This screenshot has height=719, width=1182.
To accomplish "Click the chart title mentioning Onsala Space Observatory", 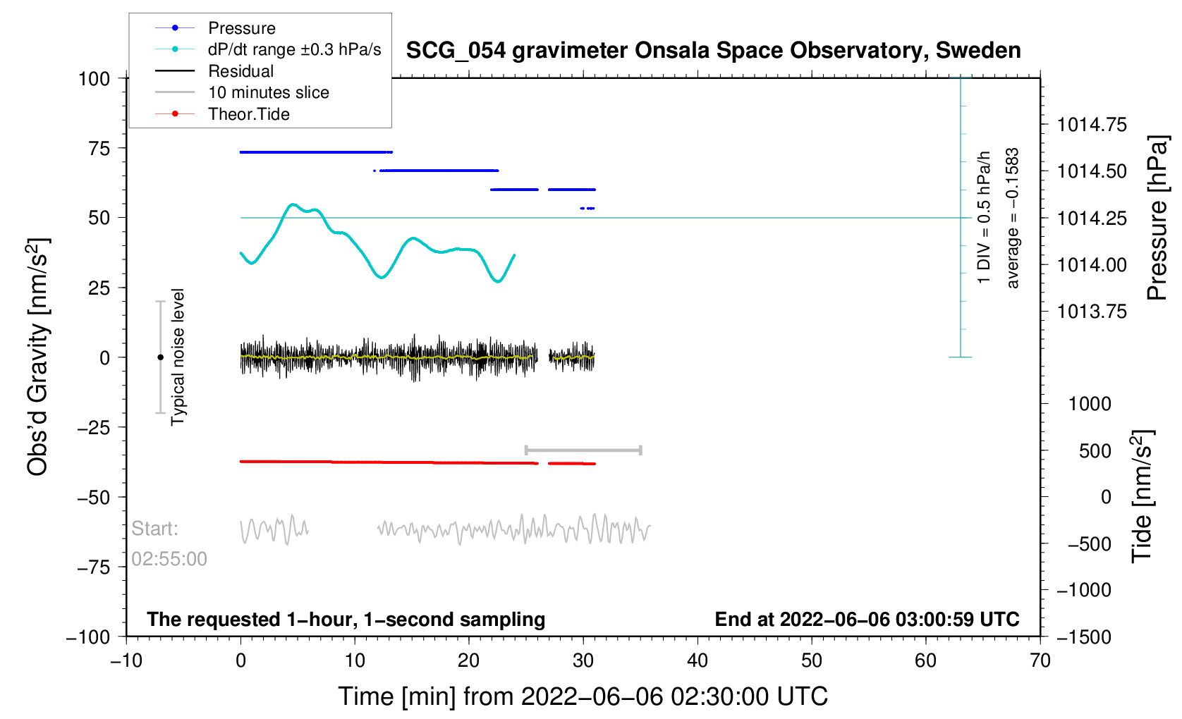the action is [x=713, y=51].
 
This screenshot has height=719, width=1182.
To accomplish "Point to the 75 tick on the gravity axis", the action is [x=99, y=148].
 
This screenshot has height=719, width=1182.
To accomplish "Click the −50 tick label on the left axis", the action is [x=93, y=498].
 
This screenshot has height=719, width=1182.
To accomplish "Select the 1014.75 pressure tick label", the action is [x=1092, y=125].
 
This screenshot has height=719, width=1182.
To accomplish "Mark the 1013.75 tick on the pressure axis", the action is [x=1092, y=312].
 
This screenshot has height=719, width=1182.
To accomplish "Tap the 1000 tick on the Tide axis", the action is [x=1090, y=404].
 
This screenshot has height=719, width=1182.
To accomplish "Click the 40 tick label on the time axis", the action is [x=697, y=660].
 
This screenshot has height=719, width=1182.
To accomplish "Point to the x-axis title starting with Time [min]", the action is [x=583, y=697].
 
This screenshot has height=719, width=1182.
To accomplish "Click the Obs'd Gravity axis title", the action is [x=37, y=357].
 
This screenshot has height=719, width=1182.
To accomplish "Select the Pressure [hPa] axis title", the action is [x=1157, y=219].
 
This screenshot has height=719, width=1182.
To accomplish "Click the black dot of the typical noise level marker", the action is [x=160, y=357].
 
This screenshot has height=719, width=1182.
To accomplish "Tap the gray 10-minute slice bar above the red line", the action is [x=583, y=450].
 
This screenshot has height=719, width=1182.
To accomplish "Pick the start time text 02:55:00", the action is [x=169, y=559].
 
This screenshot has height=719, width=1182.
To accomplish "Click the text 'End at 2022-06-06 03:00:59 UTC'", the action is [x=867, y=620].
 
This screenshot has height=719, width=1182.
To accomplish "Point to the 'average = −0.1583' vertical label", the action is [x=1012, y=219].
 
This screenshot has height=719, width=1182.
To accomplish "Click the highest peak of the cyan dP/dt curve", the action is [x=293, y=204].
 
